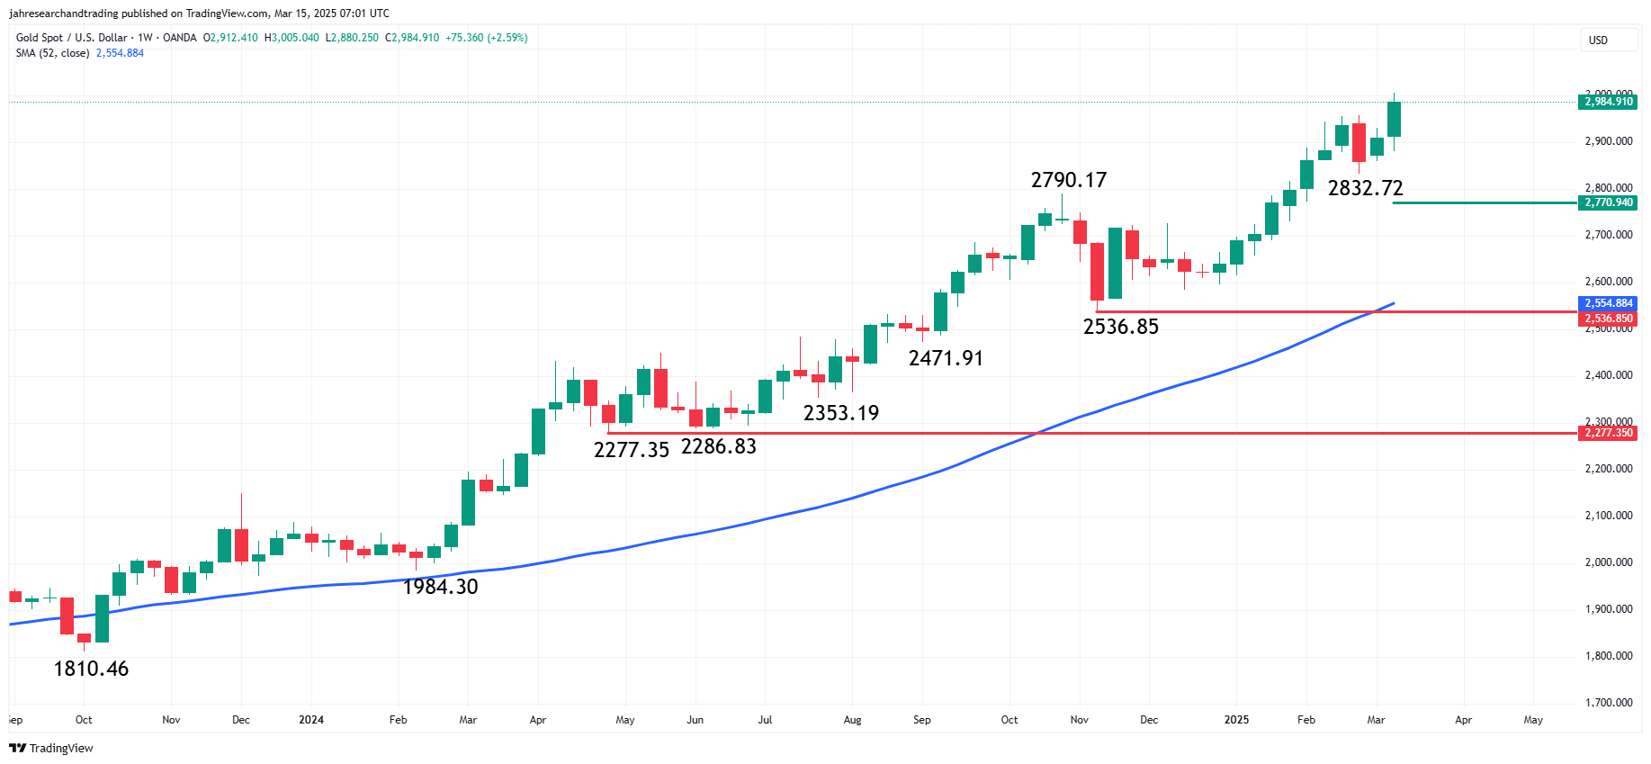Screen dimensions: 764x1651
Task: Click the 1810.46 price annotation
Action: (91, 669)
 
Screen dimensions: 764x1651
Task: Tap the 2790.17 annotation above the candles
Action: (1068, 180)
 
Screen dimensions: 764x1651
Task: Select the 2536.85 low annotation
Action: (1120, 327)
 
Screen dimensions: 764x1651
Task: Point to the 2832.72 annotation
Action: (1365, 188)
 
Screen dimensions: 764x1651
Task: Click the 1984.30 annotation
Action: (440, 587)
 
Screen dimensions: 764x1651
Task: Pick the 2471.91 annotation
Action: (946, 358)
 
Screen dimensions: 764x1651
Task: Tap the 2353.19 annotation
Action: (840, 413)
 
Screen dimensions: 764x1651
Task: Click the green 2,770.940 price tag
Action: (1608, 202)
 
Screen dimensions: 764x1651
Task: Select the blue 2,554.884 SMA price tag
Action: (1608, 303)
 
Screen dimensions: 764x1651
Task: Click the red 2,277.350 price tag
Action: (1608, 433)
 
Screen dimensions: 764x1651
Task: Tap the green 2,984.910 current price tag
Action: (1608, 102)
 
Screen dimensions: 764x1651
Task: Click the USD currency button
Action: (1598, 40)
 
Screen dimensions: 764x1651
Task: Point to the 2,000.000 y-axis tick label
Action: (1608, 562)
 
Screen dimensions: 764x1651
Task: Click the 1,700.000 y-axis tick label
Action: (1608, 703)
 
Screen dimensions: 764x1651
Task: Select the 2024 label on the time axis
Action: (311, 720)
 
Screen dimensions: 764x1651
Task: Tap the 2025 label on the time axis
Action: (1236, 720)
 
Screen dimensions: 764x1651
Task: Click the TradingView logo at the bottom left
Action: (51, 748)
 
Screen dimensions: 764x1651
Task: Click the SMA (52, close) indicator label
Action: (52, 53)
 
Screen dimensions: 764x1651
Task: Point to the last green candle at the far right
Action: (1394, 119)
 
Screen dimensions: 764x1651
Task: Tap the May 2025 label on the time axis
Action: (1533, 720)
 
